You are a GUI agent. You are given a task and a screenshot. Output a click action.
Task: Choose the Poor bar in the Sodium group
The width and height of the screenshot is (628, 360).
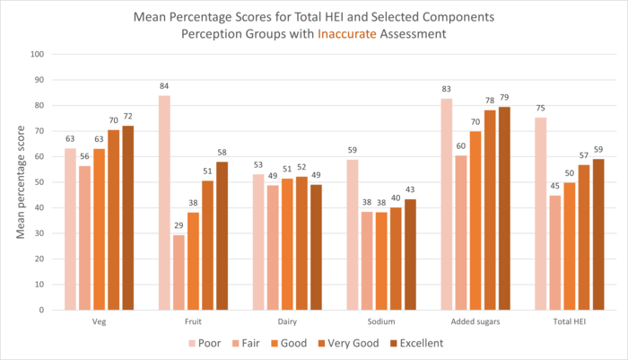(x=353, y=234)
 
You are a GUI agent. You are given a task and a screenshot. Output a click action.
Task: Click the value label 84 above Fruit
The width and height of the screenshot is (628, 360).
(x=164, y=87)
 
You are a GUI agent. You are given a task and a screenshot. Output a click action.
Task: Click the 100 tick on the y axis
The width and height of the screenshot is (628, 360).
(x=37, y=54)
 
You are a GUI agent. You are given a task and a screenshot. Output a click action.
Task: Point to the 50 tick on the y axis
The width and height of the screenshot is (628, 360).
(x=39, y=182)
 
